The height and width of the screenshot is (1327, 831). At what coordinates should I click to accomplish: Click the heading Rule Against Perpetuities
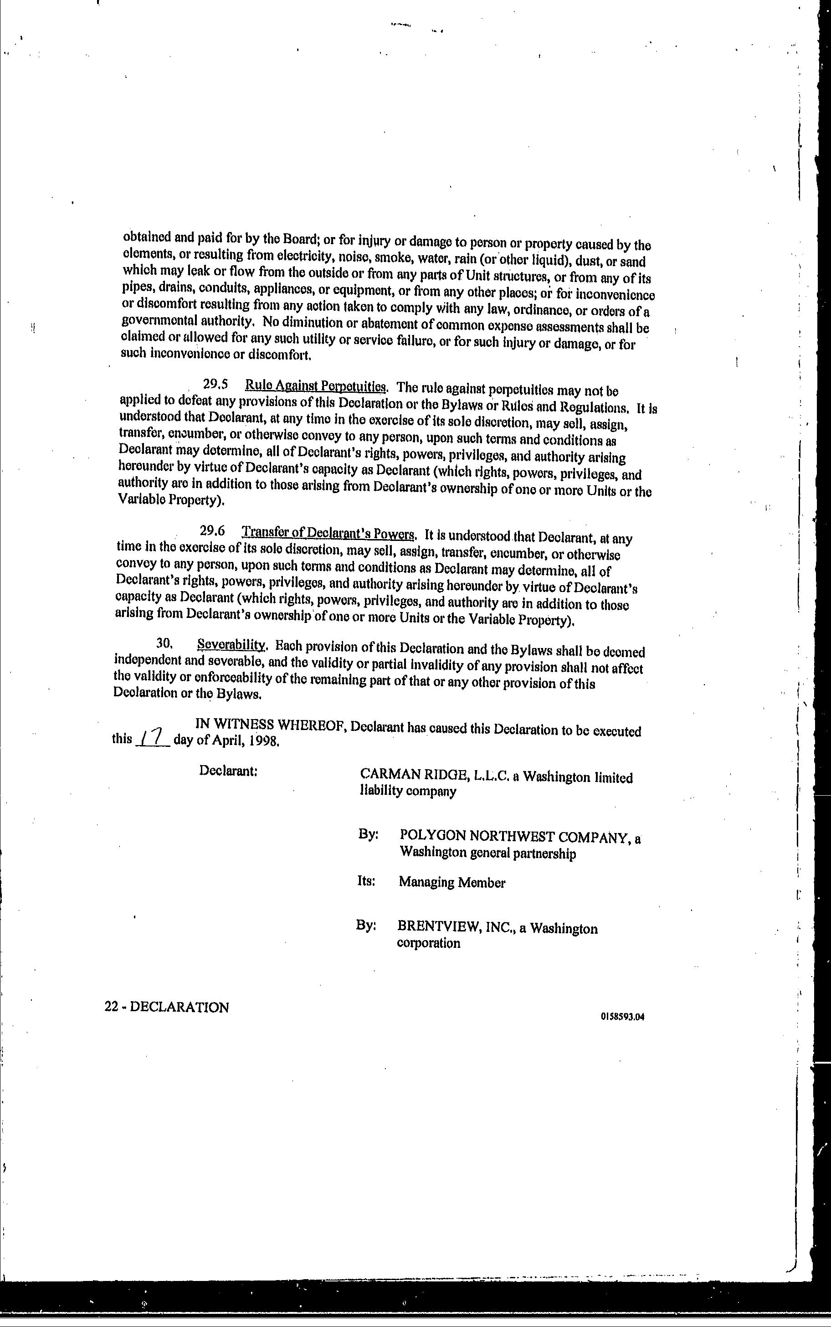tap(316, 386)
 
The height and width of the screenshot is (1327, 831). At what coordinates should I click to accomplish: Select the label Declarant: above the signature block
tap(229, 771)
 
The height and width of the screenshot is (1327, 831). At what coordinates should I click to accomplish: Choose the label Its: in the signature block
tap(366, 881)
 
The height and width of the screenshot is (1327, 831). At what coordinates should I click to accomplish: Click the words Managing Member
tap(452, 882)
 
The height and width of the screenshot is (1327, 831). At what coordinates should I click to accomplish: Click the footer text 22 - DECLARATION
tap(167, 1007)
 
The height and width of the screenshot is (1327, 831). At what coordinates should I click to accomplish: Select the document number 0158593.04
tap(622, 1016)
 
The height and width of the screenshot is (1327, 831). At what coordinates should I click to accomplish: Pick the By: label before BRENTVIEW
tap(366, 925)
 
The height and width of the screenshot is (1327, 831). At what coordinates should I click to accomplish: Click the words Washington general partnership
tap(487, 853)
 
